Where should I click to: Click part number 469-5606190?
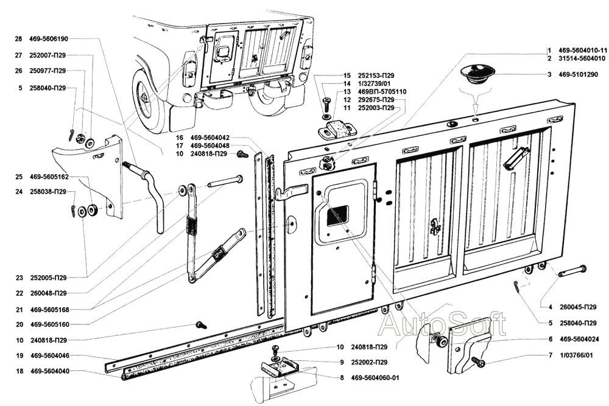tap(49, 38)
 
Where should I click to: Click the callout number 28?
tap(19, 38)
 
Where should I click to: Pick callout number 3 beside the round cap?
tap(549, 74)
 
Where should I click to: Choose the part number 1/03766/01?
tap(576, 355)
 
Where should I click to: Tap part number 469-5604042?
tap(209, 138)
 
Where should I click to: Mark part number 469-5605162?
tap(49, 177)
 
